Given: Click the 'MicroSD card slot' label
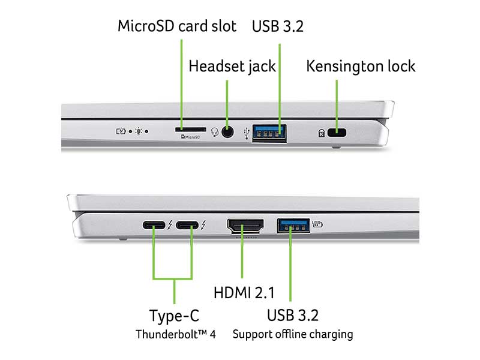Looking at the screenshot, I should (x=177, y=26).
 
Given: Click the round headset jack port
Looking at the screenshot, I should (x=227, y=131).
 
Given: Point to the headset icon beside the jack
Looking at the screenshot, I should (x=215, y=131).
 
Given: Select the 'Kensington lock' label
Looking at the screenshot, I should (x=361, y=65).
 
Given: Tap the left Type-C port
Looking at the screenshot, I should (x=154, y=226).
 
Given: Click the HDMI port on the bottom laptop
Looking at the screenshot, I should (x=245, y=226).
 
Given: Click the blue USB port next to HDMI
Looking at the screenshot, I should (x=292, y=226).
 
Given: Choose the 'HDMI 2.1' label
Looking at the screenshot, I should (x=244, y=293).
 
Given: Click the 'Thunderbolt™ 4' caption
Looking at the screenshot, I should (x=175, y=334).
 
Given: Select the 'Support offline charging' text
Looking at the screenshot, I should (x=292, y=334).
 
